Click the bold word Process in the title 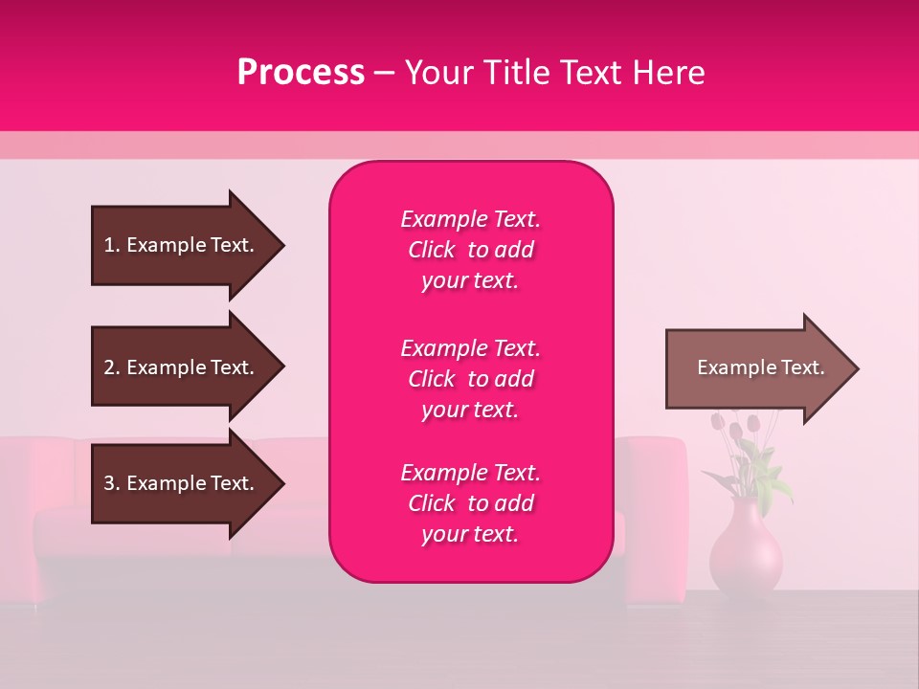(301, 72)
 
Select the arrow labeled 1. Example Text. (182, 245)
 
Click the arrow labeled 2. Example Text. (182, 367)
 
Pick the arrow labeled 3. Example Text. (182, 483)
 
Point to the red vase (746, 550)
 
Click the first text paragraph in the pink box (470, 250)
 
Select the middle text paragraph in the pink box (470, 379)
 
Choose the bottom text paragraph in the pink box (470, 503)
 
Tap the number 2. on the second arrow (111, 367)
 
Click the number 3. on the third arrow (111, 483)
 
